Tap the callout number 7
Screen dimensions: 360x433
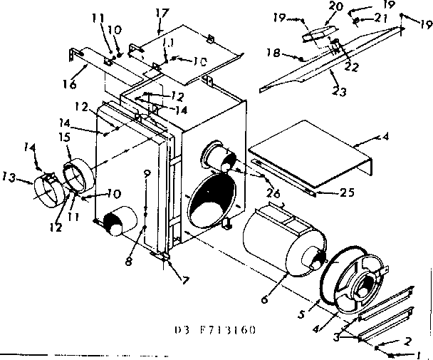pos(185,281)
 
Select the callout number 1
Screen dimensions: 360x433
pos(420,354)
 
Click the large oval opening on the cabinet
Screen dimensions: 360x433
pos(212,201)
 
